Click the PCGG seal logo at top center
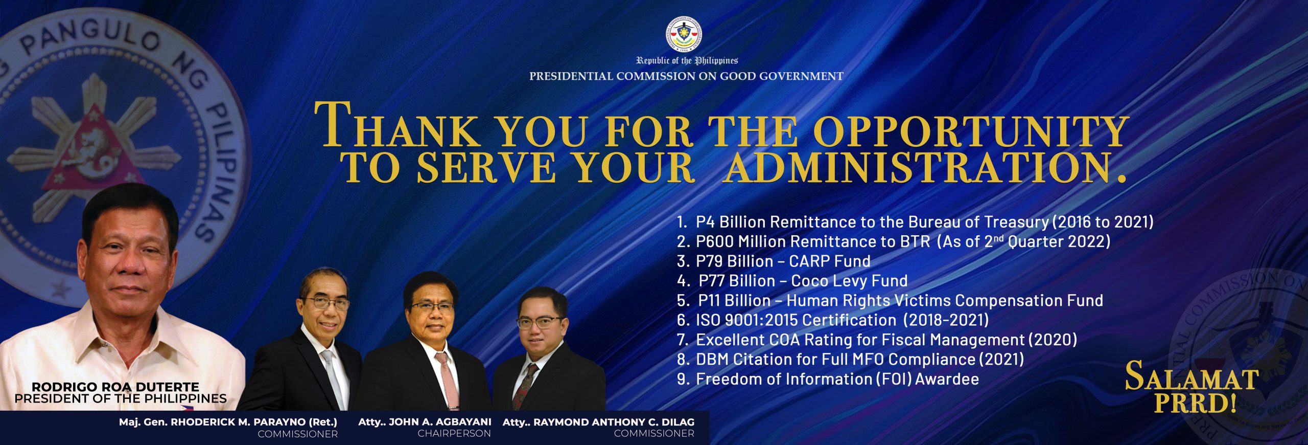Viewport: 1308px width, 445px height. click(684, 34)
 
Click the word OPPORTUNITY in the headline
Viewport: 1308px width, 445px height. click(970, 130)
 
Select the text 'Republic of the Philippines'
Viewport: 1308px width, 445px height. click(687, 61)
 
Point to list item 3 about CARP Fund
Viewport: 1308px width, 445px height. click(774, 261)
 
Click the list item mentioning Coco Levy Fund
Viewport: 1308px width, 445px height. click(792, 280)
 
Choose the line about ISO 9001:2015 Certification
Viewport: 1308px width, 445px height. click(833, 320)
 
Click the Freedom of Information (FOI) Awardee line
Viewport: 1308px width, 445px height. click(828, 379)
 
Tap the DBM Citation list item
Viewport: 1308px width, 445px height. click(851, 359)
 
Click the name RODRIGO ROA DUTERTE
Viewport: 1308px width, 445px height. click(115, 387)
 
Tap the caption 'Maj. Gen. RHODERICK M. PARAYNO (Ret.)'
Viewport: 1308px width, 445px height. click(228, 422)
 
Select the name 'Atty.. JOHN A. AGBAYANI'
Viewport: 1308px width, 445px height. click(425, 422)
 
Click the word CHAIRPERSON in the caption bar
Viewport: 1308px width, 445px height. click(454, 434)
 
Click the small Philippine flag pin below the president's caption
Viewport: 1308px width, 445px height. click(188, 408)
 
